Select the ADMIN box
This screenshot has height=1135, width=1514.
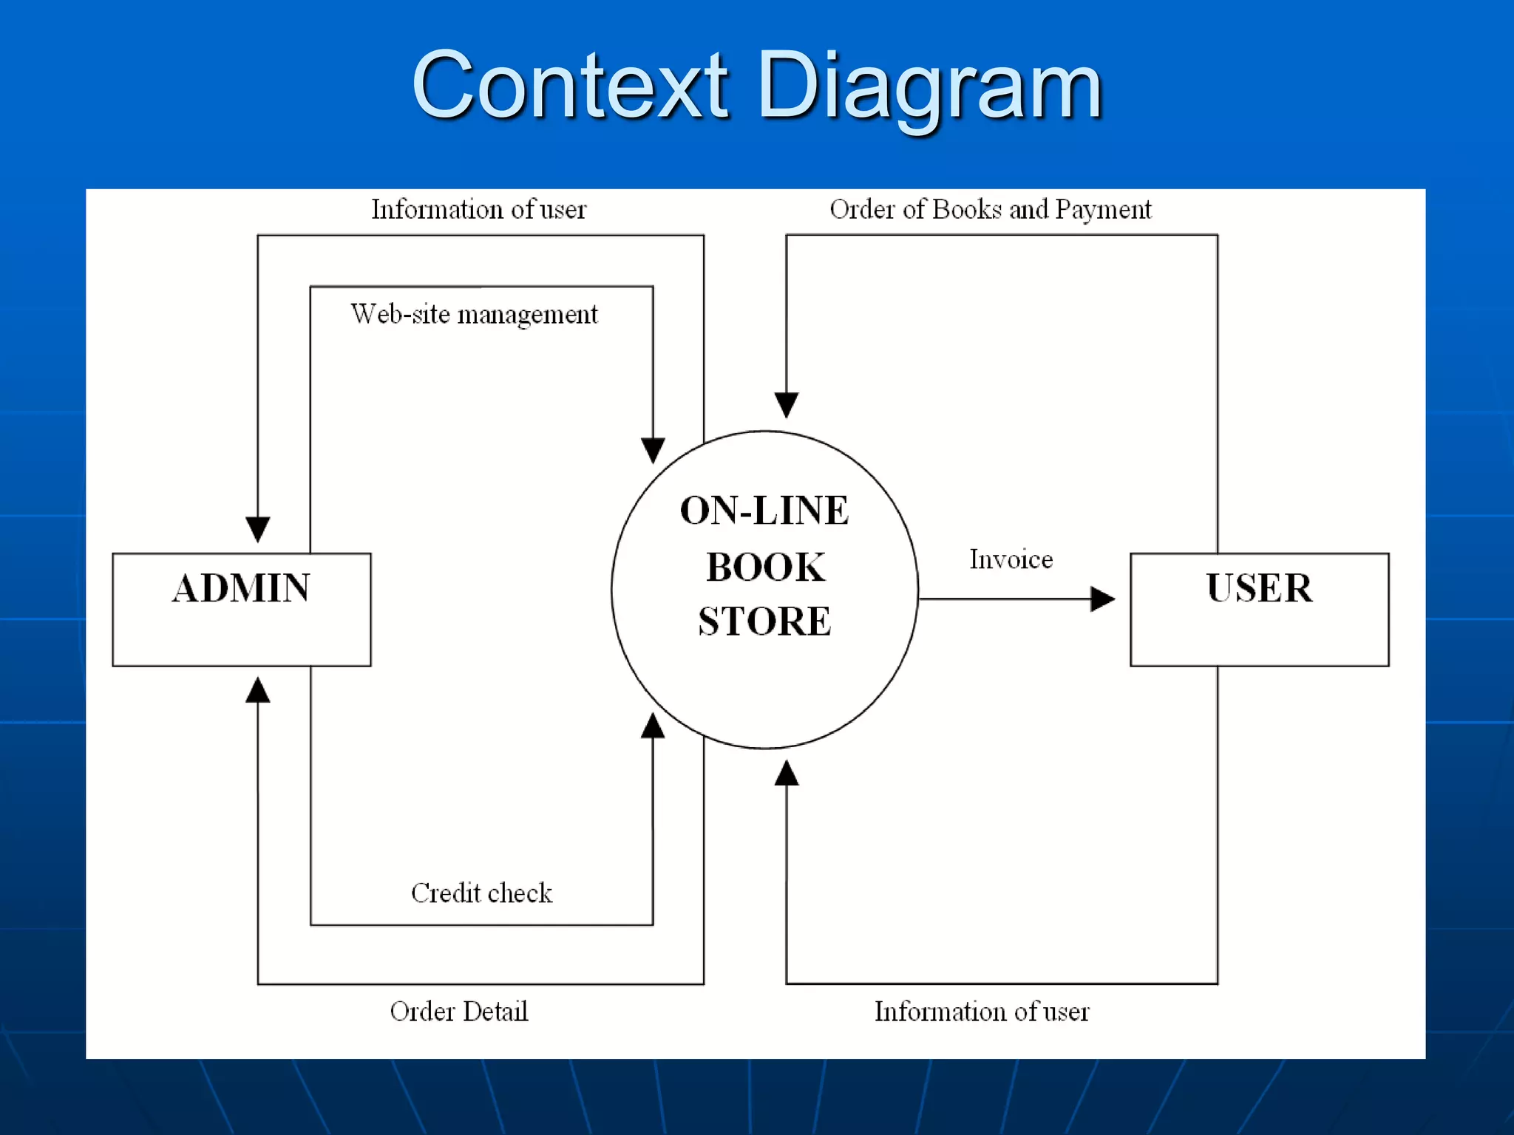241,609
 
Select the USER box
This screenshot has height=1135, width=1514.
1259,609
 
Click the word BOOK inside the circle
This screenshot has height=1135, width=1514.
765,567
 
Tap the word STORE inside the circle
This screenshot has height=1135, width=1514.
764,621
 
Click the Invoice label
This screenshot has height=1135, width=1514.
1011,560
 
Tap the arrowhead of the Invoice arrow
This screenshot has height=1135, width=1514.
1102,599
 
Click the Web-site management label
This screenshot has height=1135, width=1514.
474,315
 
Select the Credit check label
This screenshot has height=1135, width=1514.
481,893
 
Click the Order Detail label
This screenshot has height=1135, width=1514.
458,1012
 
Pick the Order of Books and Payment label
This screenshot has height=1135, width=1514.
990,210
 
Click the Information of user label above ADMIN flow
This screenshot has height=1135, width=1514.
478,210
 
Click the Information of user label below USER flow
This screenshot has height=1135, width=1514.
981,1012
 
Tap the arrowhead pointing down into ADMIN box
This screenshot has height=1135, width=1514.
257,528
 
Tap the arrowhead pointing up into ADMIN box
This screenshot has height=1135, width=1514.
257,690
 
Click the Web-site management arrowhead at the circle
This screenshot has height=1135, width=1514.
653,449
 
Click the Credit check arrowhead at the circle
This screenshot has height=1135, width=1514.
653,726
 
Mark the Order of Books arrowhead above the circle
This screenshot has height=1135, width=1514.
786,404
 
